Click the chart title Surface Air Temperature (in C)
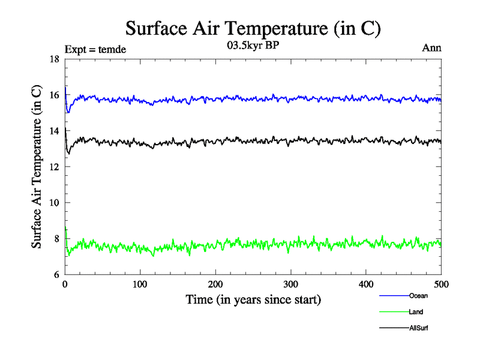tap(253, 28)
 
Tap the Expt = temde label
tap(95, 49)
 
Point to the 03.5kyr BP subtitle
tap(253, 47)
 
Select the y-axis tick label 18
tap(54, 59)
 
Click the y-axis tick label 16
tap(54, 95)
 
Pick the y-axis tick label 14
tap(54, 131)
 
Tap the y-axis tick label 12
tap(54, 167)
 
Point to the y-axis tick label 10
tap(54, 203)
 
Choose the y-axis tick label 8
tap(56, 239)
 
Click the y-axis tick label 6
tap(56, 275)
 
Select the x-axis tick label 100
tap(140, 284)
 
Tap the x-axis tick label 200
tap(215, 284)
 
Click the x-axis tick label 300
tap(291, 284)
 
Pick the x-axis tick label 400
tap(366, 284)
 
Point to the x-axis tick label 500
tap(441, 284)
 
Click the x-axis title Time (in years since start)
tap(253, 299)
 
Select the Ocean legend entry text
tap(418, 295)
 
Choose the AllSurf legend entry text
tap(419, 328)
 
